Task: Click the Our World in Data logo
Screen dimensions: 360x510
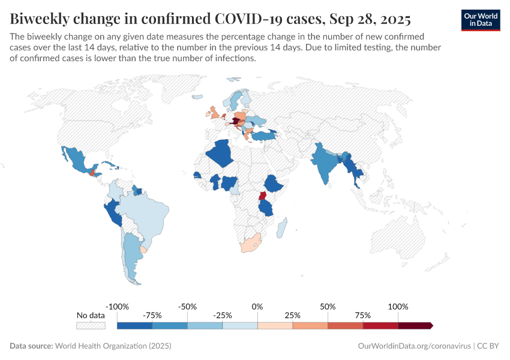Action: click(x=481, y=20)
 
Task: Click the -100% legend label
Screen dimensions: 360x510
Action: click(x=117, y=307)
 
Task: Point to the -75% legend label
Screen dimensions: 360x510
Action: click(x=152, y=315)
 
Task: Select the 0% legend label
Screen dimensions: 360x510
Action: click(x=257, y=307)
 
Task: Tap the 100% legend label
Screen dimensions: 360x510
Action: click(x=398, y=307)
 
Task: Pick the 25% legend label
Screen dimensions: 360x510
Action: click(x=293, y=315)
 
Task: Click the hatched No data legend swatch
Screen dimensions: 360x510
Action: click(x=91, y=325)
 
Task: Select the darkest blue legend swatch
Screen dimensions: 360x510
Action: click(x=134, y=325)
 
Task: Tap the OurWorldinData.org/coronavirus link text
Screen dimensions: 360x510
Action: click(x=413, y=346)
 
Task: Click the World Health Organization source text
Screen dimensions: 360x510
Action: click(x=113, y=346)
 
